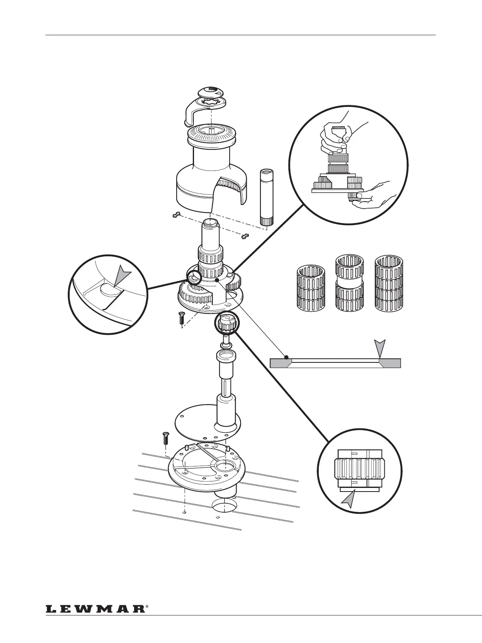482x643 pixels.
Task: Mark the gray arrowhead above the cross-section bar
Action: (x=380, y=347)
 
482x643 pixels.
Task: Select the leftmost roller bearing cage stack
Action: (x=311, y=290)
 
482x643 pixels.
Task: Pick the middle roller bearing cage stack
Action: (x=350, y=285)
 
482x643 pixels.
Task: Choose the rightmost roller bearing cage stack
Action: (x=389, y=285)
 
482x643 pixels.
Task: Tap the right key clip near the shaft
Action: (x=245, y=236)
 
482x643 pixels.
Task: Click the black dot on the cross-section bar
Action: (x=286, y=357)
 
